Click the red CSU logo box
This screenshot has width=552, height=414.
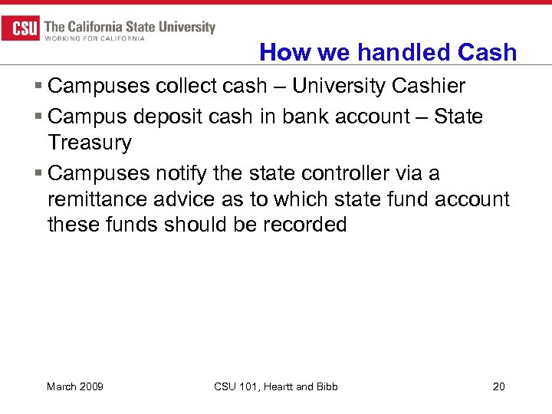(21, 29)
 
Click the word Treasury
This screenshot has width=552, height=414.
(90, 143)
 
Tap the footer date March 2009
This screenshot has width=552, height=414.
(75, 386)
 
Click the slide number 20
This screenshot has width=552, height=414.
(498, 386)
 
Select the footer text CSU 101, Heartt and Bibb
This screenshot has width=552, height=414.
(276, 386)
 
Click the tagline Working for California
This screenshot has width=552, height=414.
(95, 38)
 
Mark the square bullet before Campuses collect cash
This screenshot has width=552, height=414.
(39, 87)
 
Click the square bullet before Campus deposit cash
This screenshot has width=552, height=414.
(39, 117)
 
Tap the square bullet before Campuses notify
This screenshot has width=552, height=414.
(39, 174)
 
